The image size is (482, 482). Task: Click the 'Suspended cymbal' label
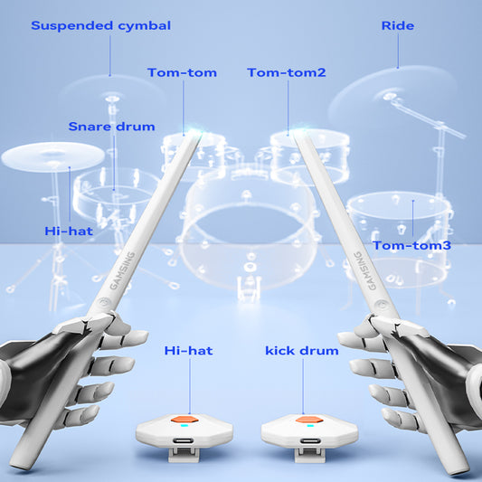coord(100,25)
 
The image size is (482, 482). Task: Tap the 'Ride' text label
coord(398,25)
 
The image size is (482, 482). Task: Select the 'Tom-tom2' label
coord(286,72)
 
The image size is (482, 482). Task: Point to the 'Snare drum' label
coord(111,126)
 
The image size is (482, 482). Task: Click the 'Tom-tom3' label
coord(411,245)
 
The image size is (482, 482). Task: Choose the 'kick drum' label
coord(301,349)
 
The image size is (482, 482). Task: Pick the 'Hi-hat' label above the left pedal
coord(188,349)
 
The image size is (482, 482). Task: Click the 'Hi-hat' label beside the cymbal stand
coord(69,231)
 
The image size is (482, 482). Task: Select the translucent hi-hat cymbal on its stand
coord(52,156)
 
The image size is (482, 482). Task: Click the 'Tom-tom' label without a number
coord(182,72)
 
